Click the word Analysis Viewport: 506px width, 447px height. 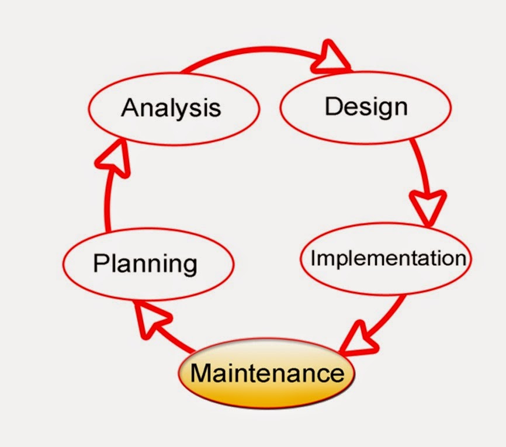pos(171,108)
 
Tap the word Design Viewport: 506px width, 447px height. pos(366,106)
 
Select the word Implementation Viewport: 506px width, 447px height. pos(388,258)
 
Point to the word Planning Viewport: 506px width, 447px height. pos(145,264)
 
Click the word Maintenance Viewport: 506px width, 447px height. pos(267,372)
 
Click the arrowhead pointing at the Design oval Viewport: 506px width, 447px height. pos(332,57)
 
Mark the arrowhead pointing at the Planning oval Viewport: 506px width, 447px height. pos(152,318)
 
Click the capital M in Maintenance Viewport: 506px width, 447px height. pos(202,372)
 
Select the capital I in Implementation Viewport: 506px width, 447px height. pos(313,258)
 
